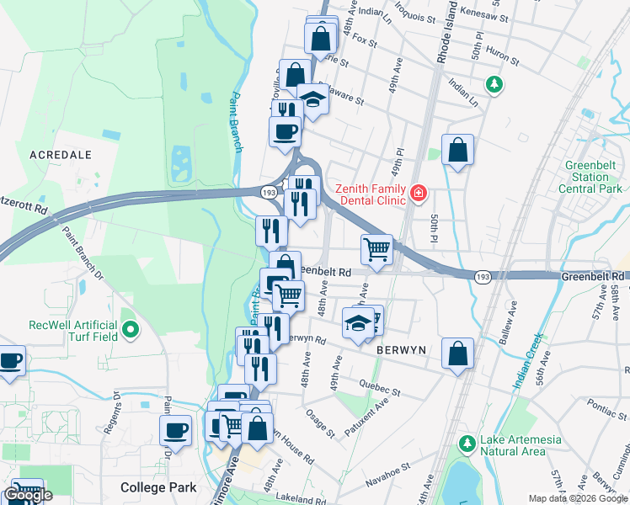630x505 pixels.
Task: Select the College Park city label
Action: coord(158,487)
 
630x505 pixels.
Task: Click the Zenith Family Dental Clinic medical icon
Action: coord(418,195)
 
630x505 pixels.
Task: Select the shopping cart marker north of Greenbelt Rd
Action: coord(376,249)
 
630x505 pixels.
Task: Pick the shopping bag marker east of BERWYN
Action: coord(457,354)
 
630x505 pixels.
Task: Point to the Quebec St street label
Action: coord(383,390)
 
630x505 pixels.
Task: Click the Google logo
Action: coord(29,495)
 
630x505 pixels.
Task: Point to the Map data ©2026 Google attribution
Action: coord(578,498)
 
